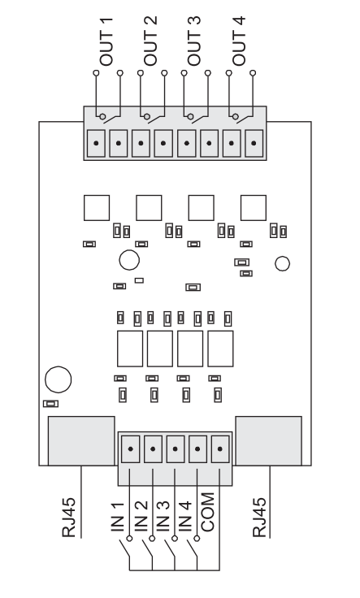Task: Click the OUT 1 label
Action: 106,41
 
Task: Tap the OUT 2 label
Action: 150,41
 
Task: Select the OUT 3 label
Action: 193,41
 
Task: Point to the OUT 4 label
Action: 239,41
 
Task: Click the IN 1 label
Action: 118,517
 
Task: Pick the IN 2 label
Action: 141,517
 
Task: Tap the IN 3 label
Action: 163,517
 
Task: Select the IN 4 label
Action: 184,517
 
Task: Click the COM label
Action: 208,512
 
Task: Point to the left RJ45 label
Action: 69,518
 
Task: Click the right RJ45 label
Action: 259,518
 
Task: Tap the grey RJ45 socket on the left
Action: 81,441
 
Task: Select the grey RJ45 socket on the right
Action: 268,441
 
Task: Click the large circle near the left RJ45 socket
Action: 58,379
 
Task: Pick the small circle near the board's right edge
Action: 282,263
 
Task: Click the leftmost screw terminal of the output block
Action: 96,143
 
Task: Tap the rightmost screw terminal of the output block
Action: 254,143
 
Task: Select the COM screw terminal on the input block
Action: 220,448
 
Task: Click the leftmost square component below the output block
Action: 97,208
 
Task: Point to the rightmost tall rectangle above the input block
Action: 220,349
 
